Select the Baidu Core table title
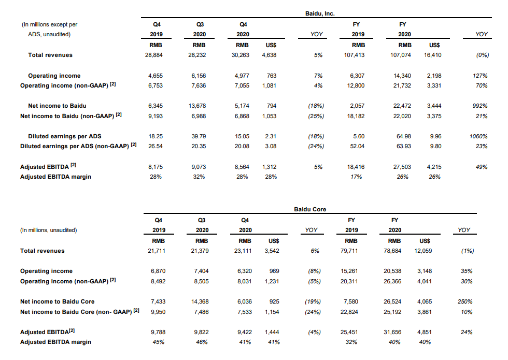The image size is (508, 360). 310,209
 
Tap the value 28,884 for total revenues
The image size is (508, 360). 156,55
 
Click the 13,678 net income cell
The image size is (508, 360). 199,106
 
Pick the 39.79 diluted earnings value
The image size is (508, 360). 199,136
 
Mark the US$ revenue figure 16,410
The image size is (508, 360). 433,55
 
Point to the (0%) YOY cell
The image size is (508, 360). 481,55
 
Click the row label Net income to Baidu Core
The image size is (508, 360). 57,301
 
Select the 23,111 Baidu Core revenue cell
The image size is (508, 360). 244,251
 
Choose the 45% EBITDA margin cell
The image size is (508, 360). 158,342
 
